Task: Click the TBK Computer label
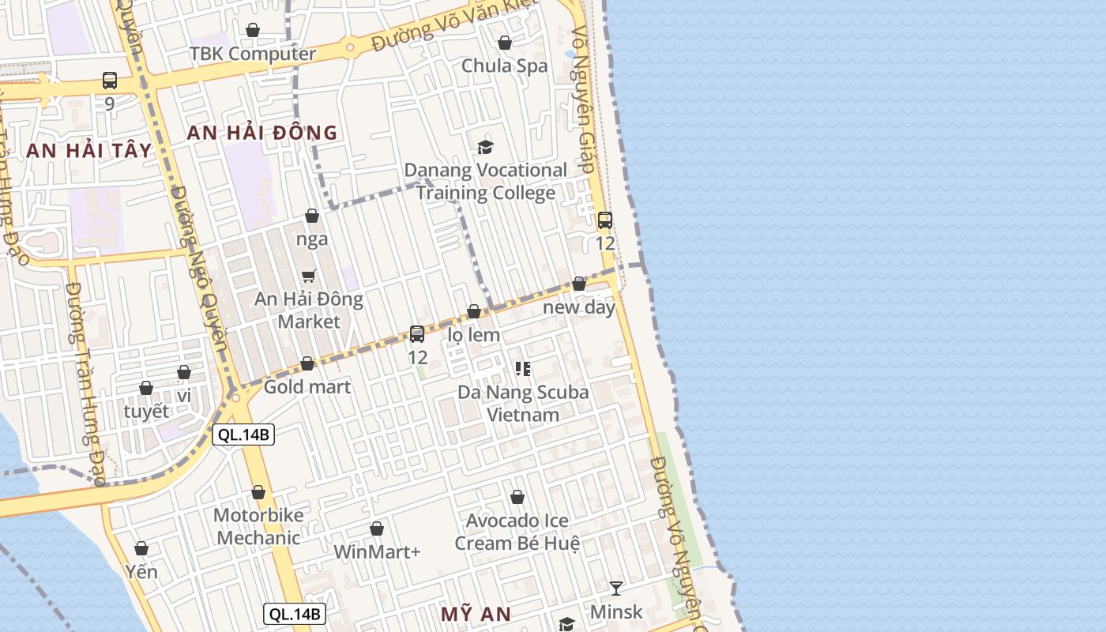253,54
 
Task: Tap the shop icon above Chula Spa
505,43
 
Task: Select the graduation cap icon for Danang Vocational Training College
485,147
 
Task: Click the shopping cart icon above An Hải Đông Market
309,276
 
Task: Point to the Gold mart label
307,387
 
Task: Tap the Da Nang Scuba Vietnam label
523,403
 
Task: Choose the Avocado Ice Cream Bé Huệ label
517,532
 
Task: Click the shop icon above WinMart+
377,529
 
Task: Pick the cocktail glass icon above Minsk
616,589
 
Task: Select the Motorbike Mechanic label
258,526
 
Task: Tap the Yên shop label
141,571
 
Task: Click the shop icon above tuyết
146,388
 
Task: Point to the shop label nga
312,239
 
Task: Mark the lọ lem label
474,335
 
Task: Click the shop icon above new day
579,284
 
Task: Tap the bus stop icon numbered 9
110,81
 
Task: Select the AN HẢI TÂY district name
88,151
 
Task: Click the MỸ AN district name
476,614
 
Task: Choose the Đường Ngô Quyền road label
200,269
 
